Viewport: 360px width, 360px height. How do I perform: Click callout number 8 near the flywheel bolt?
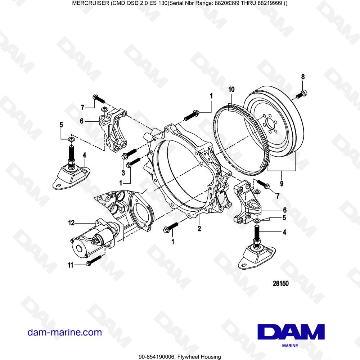pyautogui.click(x=303, y=76)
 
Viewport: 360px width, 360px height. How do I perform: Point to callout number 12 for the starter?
pyautogui.click(x=72, y=223)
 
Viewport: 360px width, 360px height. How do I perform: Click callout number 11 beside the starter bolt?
pyautogui.click(x=71, y=265)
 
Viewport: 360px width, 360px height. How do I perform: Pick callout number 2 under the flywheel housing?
pyautogui.click(x=198, y=228)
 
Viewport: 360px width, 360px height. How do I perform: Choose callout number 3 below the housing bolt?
pyautogui.click(x=123, y=173)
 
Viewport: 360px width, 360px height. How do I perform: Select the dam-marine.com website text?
pyautogui.click(x=65, y=332)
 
